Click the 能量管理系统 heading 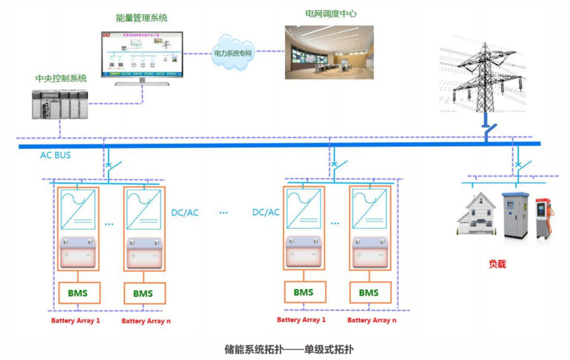(x=141, y=18)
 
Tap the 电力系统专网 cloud (x=232, y=53)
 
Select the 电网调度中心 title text (x=331, y=13)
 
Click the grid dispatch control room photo (x=329, y=52)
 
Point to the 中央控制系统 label (x=61, y=79)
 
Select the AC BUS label (x=55, y=155)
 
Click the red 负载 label (x=497, y=264)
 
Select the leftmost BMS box (x=78, y=293)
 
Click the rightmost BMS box (x=368, y=293)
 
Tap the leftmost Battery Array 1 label (x=75, y=320)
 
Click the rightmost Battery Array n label (x=371, y=320)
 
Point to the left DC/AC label (x=185, y=213)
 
